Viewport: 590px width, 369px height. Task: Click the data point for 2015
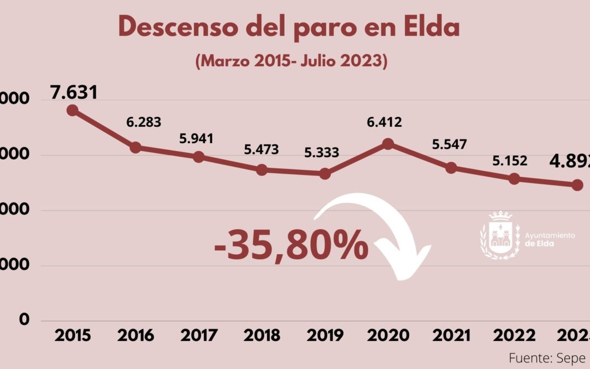tap(72, 110)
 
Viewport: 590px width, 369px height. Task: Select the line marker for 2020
tap(388, 144)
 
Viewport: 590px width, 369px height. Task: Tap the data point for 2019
tap(325, 174)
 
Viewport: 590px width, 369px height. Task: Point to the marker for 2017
tap(199, 157)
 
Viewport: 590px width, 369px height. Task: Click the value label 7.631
tap(74, 92)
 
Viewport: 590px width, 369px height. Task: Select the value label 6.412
tap(383, 122)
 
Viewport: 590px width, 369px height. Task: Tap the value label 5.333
tap(322, 151)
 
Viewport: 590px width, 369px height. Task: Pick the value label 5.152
tap(510, 161)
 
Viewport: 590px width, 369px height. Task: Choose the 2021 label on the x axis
tap(451, 335)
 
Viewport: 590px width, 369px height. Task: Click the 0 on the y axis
tap(24, 320)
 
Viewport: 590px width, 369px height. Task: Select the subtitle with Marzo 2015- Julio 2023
tap(291, 62)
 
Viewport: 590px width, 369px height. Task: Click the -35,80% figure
tap(291, 244)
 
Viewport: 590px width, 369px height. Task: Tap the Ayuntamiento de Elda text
tap(550, 239)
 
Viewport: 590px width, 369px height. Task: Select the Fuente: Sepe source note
tap(546, 358)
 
